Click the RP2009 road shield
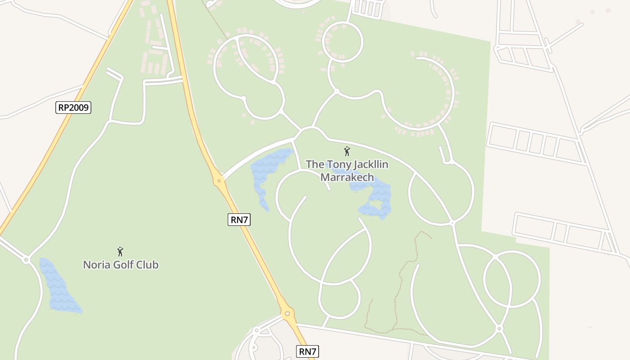coord(73,108)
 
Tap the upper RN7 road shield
coord(239,220)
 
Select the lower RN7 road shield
coord(307,351)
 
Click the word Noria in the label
coord(97,265)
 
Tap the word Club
coord(148,265)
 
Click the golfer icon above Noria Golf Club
coord(120,252)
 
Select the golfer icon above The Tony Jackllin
coord(346,151)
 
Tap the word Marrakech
coord(347,177)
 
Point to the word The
coord(315,164)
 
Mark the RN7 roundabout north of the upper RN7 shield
coord(219,181)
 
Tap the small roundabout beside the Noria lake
coord(26,260)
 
